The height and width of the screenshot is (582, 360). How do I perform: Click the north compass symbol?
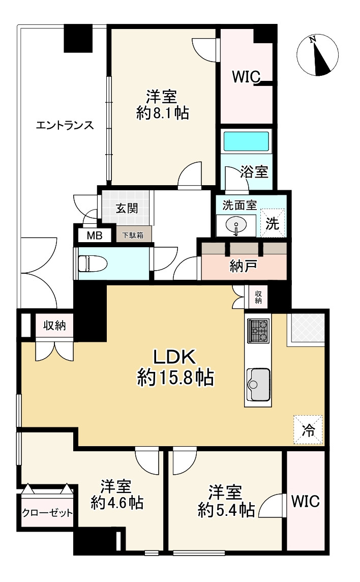click(317, 55)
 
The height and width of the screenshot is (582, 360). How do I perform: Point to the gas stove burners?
click(258, 330)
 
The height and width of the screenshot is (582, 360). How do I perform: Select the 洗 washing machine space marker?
click(273, 224)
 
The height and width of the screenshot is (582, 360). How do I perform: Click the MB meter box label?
click(95, 236)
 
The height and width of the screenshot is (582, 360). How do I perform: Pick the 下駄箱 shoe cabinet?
click(134, 235)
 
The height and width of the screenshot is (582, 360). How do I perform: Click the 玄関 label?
click(126, 209)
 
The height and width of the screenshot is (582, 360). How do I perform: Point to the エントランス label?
click(65, 125)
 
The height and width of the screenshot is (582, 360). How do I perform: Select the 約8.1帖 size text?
click(163, 113)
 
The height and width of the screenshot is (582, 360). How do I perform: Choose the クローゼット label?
click(47, 513)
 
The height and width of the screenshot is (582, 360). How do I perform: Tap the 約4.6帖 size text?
click(117, 503)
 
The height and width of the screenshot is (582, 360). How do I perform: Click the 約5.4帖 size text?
click(226, 509)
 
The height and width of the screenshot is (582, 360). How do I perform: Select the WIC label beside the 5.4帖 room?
click(305, 502)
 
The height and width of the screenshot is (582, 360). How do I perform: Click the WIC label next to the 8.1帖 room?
click(246, 77)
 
